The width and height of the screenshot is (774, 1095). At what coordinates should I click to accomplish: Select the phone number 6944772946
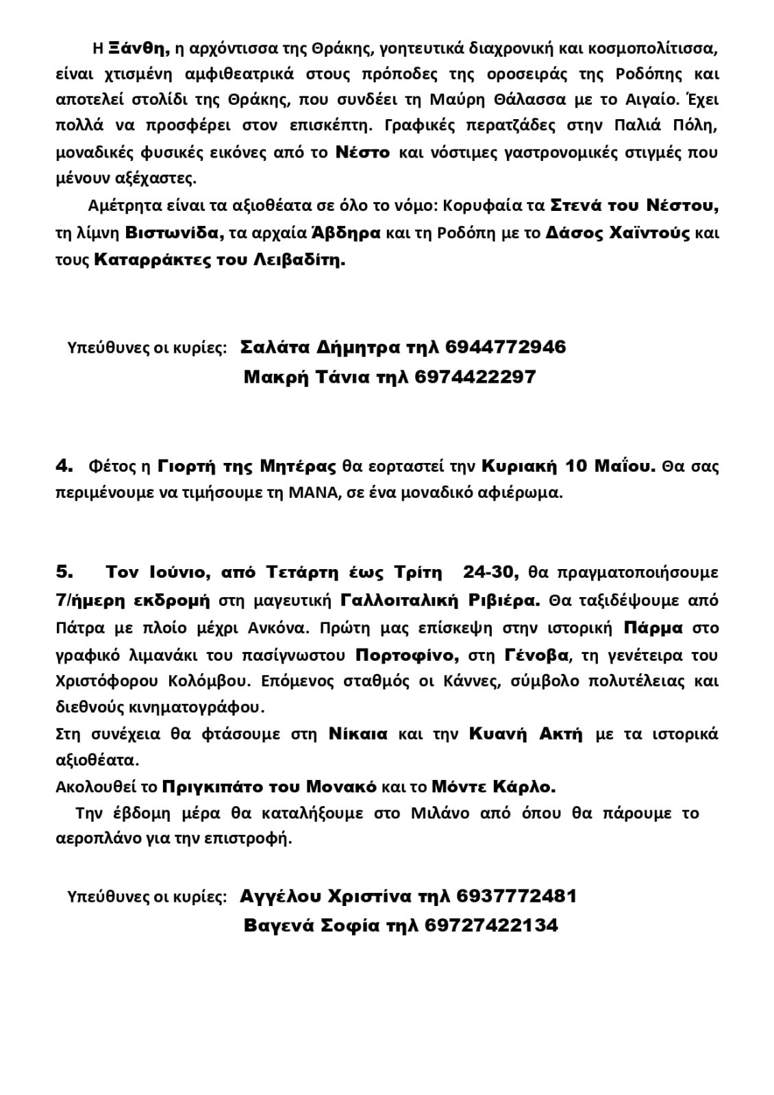pos(505,347)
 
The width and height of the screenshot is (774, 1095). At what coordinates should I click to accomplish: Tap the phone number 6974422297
pos(475,377)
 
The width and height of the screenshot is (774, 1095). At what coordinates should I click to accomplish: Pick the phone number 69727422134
pos(491,926)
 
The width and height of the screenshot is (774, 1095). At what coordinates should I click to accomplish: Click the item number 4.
pos(64,466)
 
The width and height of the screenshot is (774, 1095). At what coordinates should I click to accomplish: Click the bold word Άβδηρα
pos(346,234)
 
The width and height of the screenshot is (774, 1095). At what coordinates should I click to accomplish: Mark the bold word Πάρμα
pos(653,628)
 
